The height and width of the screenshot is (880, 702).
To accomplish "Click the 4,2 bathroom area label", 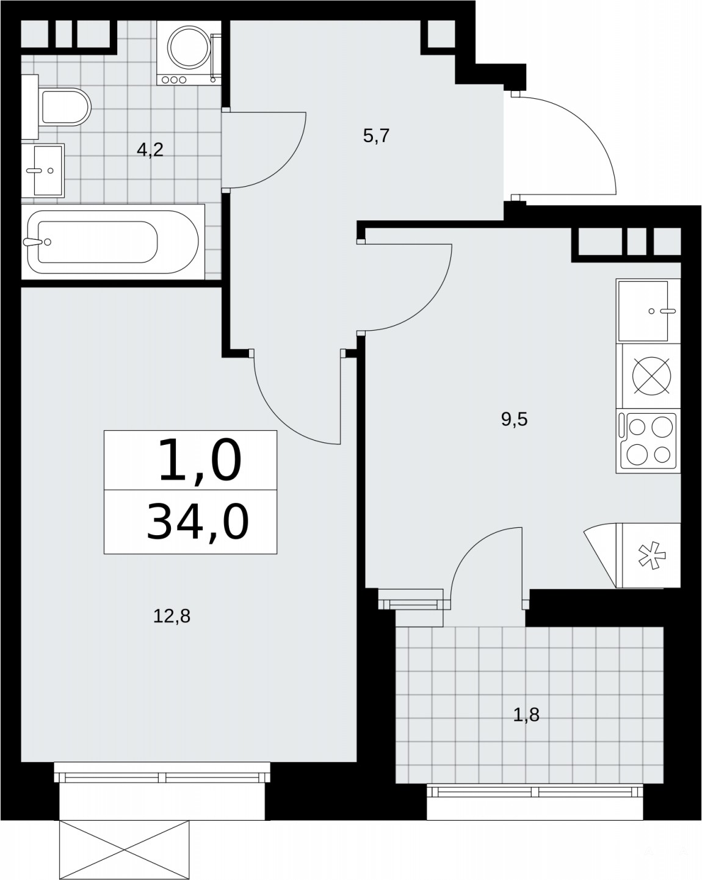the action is pyautogui.click(x=150, y=150).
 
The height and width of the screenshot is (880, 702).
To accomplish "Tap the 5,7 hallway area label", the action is pyautogui.click(x=376, y=135).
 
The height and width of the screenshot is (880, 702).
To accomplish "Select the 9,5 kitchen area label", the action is pyautogui.click(x=514, y=419).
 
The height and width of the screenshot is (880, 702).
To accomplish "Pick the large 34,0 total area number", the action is pyautogui.click(x=198, y=522).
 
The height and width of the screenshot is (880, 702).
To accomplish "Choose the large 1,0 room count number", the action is pyautogui.click(x=200, y=460).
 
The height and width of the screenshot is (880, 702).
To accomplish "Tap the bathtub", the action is pyautogui.click(x=113, y=242).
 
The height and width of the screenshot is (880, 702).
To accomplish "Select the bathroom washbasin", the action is pyautogui.click(x=43, y=170).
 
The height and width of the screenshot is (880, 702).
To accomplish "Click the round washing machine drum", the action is pyautogui.click(x=189, y=48).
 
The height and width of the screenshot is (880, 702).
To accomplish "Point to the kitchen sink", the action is pyautogui.click(x=648, y=311).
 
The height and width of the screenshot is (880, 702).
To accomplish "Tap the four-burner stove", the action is pyautogui.click(x=648, y=441).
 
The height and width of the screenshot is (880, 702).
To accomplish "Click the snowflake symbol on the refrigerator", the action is pyautogui.click(x=652, y=555).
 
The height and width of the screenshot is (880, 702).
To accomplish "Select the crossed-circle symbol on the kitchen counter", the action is pyautogui.click(x=652, y=376).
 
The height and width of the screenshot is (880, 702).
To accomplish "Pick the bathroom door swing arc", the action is pyautogui.click(x=287, y=164).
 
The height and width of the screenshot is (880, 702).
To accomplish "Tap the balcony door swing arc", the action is pyautogui.click(x=471, y=552).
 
